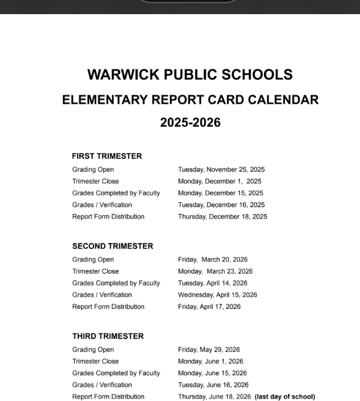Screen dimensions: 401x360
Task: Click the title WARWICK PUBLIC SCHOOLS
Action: pyautogui.click(x=190, y=75)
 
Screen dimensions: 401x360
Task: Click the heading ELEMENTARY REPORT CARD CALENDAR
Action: pyautogui.click(x=190, y=100)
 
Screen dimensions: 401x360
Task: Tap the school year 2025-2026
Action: pyautogui.click(x=190, y=122)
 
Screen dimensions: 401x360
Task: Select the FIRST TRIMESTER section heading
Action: pyautogui.click(x=106, y=156)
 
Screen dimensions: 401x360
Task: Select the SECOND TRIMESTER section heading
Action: pyautogui.click(x=113, y=246)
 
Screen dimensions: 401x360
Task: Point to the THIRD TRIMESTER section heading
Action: pyautogui.click(x=108, y=336)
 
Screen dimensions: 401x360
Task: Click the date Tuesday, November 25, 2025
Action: pyautogui.click(x=221, y=170)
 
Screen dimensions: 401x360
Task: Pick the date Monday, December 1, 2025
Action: pyautogui.click(x=219, y=181)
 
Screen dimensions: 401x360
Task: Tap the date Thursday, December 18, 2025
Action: pyautogui.click(x=222, y=216)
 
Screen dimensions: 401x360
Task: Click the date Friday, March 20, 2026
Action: pyautogui.click(x=212, y=260)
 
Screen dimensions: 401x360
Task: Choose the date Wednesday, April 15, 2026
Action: pyautogui.click(x=217, y=295)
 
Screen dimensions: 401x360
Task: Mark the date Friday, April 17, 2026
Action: pyautogui.click(x=209, y=306)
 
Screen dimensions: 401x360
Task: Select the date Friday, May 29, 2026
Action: pyautogui.click(x=209, y=350)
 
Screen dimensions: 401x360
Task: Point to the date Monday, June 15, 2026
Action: pyautogui.click(x=212, y=373)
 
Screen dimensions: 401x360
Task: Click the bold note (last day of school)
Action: pyautogui.click(x=284, y=397)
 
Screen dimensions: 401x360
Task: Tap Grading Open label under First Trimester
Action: pyautogui.click(x=93, y=170)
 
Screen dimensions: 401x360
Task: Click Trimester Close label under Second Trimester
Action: pyautogui.click(x=95, y=271)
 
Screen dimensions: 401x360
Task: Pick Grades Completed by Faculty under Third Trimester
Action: pyautogui.click(x=116, y=373)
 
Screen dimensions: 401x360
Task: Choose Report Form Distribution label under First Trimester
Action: pyautogui.click(x=108, y=216)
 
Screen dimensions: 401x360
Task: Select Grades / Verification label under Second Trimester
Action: pyautogui.click(x=102, y=295)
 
